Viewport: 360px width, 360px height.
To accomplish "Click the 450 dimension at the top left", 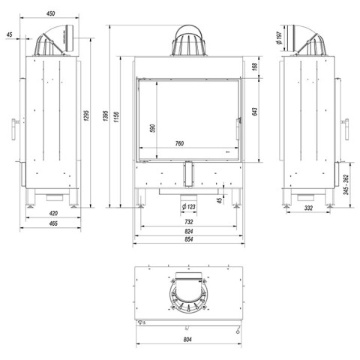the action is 50,13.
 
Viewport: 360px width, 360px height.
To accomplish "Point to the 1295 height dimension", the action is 86,115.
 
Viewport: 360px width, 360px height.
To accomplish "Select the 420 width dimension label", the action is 53,213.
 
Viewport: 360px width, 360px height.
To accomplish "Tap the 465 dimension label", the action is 53,223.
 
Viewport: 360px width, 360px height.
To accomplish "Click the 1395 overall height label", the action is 106,115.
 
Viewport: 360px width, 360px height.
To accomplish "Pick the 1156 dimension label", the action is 116,117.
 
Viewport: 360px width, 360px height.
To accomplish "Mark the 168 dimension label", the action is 254,67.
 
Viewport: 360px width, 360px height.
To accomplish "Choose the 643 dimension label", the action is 254,112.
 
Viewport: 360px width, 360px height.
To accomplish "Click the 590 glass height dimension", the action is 153,128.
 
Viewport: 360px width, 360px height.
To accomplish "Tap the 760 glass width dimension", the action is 179,143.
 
